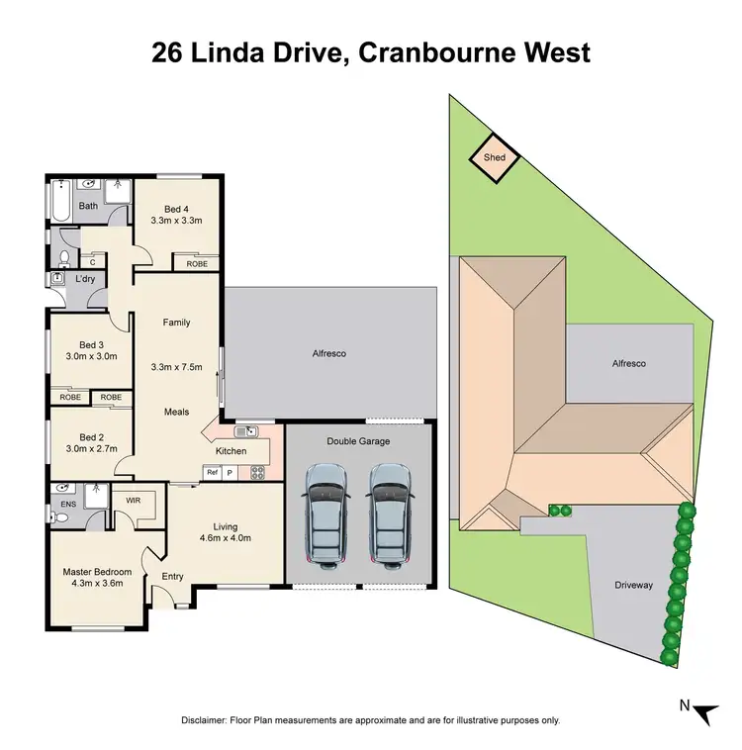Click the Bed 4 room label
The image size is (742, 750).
click(176, 208)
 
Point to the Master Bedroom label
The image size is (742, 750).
click(97, 572)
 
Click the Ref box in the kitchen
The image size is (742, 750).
click(212, 473)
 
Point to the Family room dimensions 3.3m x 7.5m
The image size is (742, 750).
click(176, 367)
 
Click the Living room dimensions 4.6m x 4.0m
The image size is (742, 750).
click(228, 539)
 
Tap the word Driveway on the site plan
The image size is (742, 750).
click(634, 586)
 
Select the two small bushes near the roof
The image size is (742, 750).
click(561, 511)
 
